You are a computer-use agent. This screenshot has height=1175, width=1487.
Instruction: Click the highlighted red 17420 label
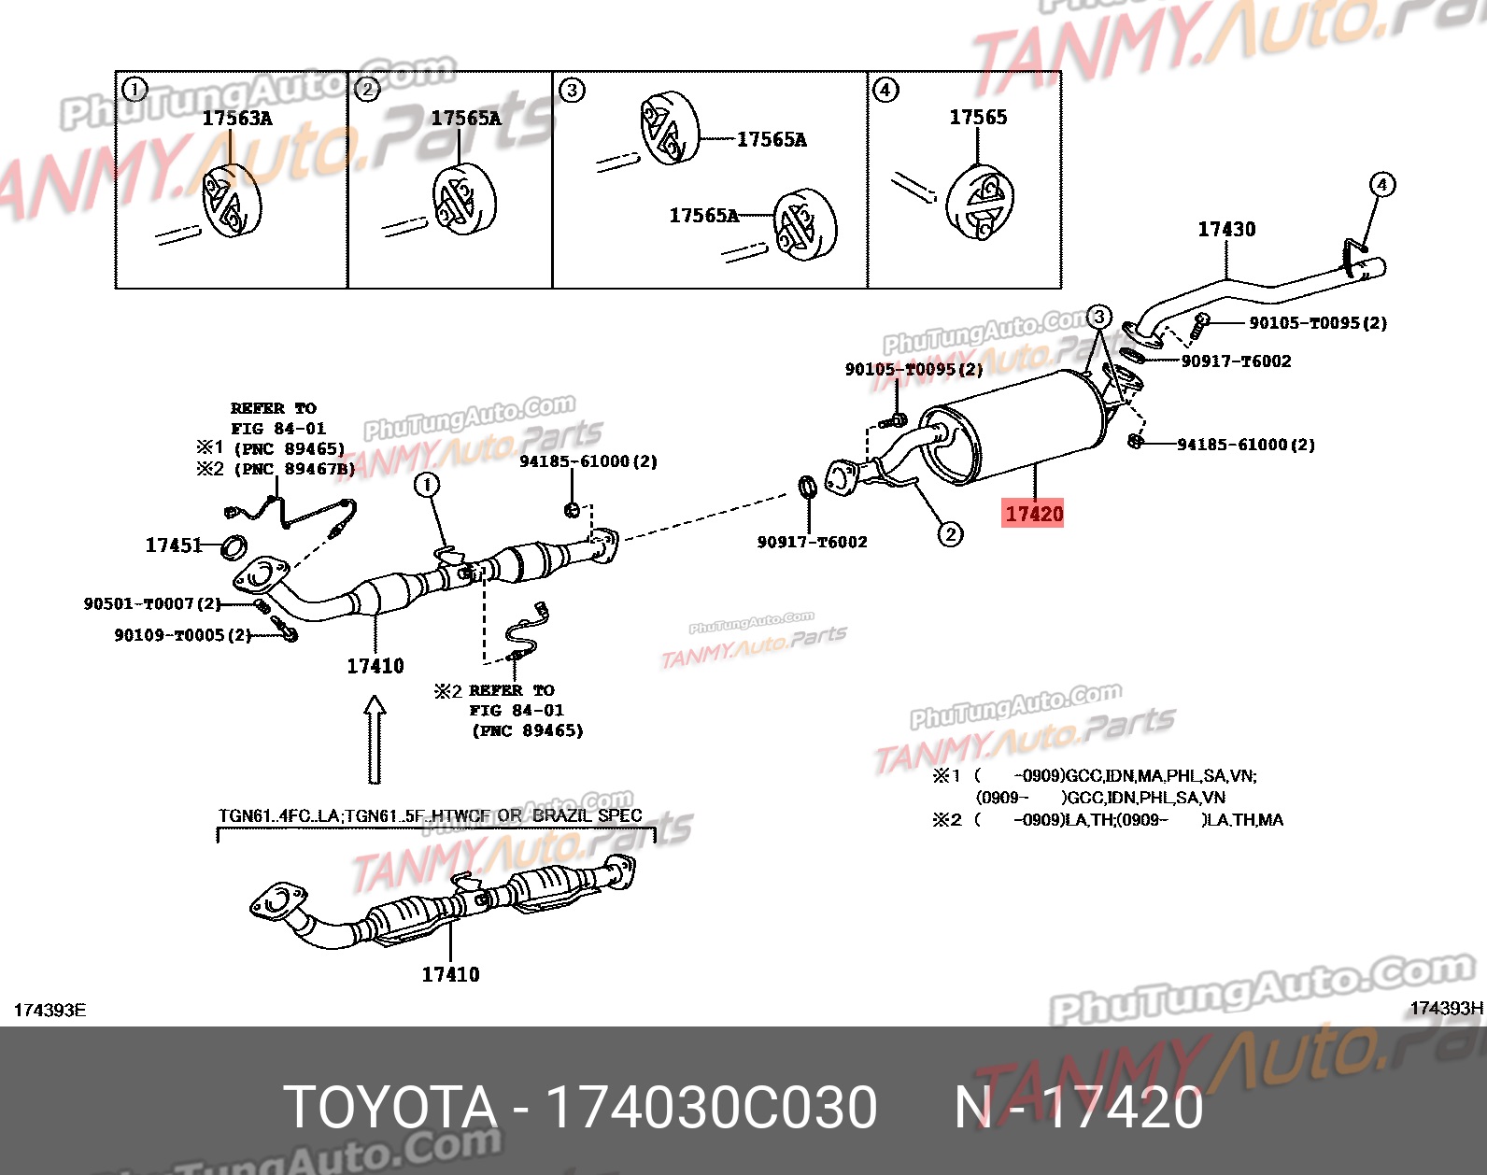(1033, 513)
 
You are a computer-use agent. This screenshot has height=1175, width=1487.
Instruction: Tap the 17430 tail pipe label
(1226, 229)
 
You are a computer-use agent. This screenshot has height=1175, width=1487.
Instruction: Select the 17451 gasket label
(173, 545)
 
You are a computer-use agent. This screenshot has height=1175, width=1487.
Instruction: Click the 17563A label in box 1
(237, 119)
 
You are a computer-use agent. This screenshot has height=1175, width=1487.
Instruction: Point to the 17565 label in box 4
(978, 117)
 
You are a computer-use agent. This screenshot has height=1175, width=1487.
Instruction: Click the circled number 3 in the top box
(572, 90)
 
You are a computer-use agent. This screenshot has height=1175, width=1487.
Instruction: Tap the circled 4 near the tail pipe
(1382, 184)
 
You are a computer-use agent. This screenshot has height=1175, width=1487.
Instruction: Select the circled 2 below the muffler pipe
(950, 534)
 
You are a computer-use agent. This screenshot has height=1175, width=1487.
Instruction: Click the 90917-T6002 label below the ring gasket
(812, 542)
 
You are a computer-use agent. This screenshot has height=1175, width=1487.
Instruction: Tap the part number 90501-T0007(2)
(152, 604)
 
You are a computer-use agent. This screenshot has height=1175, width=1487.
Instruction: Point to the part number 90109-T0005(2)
(183, 635)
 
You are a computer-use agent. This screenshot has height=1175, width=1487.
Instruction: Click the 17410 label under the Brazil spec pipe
(450, 974)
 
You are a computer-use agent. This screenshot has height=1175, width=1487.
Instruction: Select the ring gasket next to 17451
(234, 547)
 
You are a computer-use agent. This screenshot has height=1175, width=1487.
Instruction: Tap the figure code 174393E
(50, 1011)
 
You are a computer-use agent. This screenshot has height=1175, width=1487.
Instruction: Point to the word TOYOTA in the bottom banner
(389, 1108)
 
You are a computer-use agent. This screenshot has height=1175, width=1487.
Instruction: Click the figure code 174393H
(1445, 1008)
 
